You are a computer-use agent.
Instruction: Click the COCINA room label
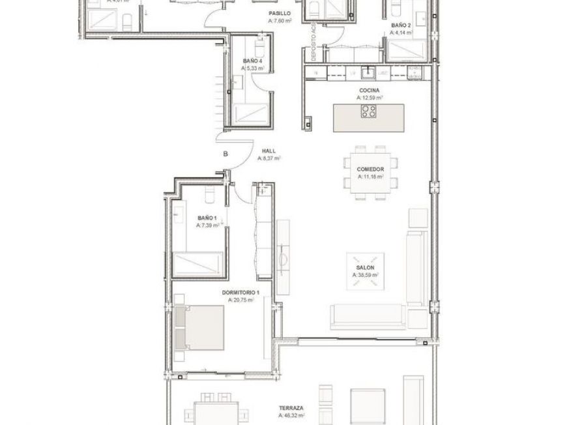(369, 91)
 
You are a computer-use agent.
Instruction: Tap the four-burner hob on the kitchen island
(369, 111)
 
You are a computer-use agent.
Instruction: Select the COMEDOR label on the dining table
(370, 169)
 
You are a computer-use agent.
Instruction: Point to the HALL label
(269, 151)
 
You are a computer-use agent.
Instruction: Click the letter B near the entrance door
(225, 154)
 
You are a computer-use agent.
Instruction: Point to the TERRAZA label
(291, 407)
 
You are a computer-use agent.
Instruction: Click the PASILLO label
(279, 13)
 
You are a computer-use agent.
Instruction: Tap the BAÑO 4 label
(252, 61)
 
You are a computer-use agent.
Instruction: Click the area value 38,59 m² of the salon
(366, 275)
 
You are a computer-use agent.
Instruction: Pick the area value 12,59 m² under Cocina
(369, 98)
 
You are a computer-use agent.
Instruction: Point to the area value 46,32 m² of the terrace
(291, 415)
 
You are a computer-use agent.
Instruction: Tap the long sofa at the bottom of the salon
(368, 316)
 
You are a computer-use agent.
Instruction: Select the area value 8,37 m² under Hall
(269, 158)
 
